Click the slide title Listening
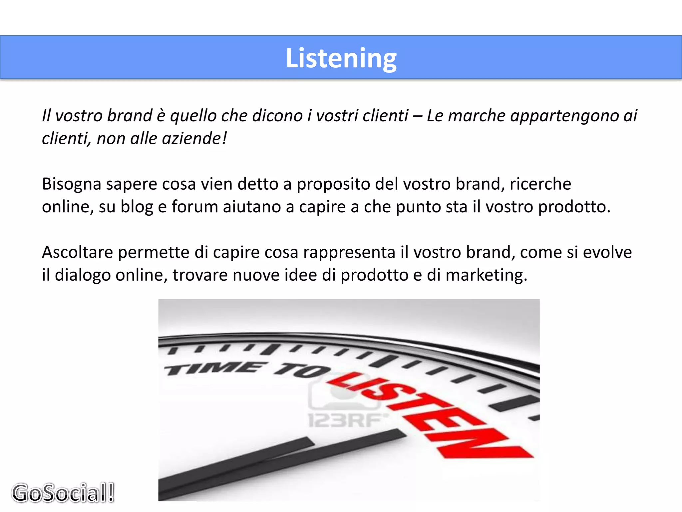click(341, 58)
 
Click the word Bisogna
click(71, 184)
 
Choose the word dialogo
click(83, 275)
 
